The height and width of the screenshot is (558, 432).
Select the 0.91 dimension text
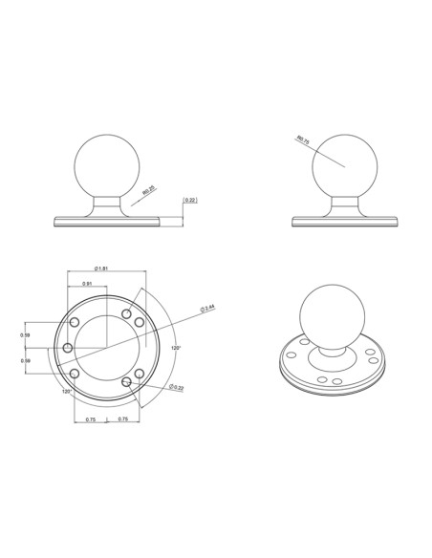[x=87, y=284]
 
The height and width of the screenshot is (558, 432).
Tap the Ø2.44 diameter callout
[x=206, y=308]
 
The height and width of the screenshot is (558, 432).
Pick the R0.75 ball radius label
[x=304, y=139]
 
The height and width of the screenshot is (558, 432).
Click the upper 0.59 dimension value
[x=25, y=335]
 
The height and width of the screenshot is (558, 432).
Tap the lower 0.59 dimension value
[x=25, y=359]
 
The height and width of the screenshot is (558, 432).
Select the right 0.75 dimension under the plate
[x=122, y=419]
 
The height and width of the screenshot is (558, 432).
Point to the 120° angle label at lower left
[x=67, y=392]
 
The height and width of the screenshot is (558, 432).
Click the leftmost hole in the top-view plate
[x=69, y=348]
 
